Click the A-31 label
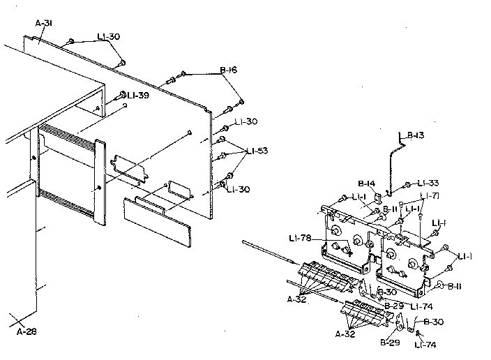44,23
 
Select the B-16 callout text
229,70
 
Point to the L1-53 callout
257,151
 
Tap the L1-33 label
428,183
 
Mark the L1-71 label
430,195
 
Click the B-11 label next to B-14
389,209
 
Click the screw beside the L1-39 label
120,95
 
